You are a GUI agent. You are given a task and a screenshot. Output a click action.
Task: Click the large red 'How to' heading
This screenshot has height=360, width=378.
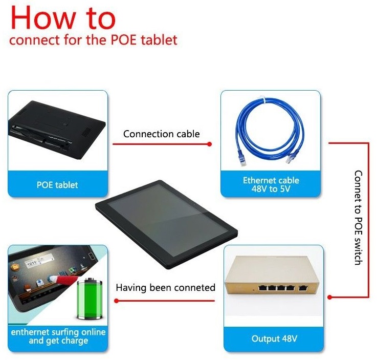click(63, 18)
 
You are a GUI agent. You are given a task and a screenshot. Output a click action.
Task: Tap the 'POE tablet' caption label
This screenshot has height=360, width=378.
click(57, 185)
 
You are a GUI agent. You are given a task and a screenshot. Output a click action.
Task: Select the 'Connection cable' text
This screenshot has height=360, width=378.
click(162, 134)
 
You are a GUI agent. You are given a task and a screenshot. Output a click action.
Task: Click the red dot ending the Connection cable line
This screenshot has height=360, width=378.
click(209, 144)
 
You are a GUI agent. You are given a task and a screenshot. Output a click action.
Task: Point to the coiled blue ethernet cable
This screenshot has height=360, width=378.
click(270, 130)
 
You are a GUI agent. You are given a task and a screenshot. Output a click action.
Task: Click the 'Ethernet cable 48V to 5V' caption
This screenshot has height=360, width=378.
click(271, 184)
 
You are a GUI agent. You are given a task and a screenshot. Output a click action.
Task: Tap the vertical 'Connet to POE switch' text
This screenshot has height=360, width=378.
click(359, 218)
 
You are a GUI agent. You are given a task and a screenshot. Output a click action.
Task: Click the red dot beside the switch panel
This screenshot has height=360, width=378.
click(330, 297)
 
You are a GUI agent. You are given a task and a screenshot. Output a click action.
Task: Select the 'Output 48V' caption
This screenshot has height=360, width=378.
click(274, 339)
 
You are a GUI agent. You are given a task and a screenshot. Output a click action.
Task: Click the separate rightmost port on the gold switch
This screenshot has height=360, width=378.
click(303, 288)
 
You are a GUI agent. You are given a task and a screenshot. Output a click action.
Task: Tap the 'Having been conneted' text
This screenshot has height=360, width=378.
click(165, 288)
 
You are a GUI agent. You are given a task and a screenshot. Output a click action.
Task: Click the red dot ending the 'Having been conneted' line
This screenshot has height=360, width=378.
click(117, 301)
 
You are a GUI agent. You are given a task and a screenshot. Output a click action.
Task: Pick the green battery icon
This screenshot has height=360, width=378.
click(90, 299)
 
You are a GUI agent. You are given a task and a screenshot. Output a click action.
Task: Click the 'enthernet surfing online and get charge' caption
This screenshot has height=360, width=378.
click(58, 336)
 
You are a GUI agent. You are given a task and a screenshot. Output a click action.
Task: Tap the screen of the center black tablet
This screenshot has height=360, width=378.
click(168, 220)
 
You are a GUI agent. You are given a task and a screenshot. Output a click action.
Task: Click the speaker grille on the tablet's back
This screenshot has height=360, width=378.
click(87, 132)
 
